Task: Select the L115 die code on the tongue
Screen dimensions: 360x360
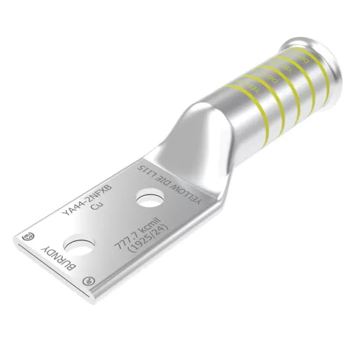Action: click(149, 170)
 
